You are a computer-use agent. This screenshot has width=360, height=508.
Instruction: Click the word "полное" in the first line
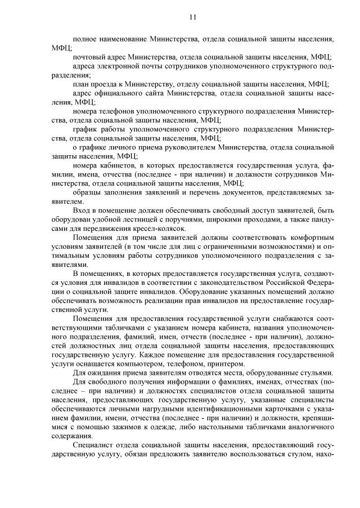(x=85, y=39)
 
